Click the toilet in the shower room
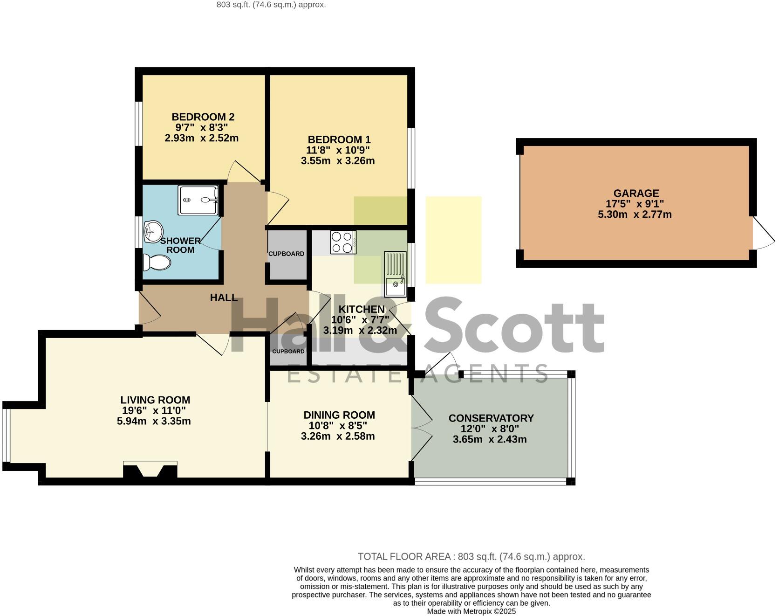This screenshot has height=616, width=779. click(156, 263)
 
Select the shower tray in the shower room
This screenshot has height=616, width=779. click(198, 200)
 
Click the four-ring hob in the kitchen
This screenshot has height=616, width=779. click(343, 242)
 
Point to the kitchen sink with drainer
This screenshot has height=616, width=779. click(395, 274)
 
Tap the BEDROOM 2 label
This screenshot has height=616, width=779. click(203, 117)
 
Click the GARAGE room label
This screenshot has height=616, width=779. click(636, 193)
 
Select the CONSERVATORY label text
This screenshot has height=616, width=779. click(491, 418)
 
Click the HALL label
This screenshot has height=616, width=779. click(224, 298)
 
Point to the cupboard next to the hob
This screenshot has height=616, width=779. click(287, 254)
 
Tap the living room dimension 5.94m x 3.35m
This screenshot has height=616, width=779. click(154, 422)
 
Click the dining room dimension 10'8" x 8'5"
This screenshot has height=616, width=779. click(338, 426)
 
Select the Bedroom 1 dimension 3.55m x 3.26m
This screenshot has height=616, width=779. click(338, 161)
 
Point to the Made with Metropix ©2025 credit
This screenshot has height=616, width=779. click(471, 611)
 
